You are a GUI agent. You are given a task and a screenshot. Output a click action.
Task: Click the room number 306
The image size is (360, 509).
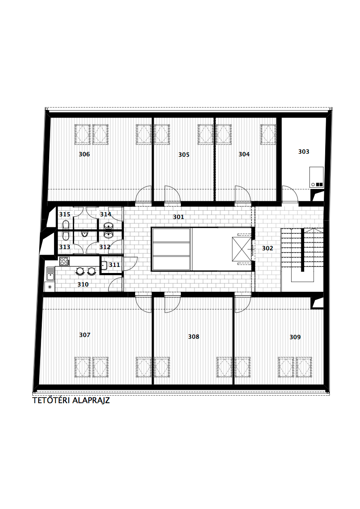pyautogui.click(x=84, y=154)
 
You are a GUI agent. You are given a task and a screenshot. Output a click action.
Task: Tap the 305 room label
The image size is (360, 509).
pyautogui.click(x=184, y=155)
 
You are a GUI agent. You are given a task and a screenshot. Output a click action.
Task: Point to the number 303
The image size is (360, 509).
pyautogui.click(x=304, y=152)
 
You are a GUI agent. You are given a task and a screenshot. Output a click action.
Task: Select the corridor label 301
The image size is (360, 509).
pyautogui.click(x=178, y=217)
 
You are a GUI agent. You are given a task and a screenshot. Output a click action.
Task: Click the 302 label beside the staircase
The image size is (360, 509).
pyautogui.click(x=268, y=248)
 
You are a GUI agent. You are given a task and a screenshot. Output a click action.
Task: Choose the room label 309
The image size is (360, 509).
pyautogui.click(x=295, y=337)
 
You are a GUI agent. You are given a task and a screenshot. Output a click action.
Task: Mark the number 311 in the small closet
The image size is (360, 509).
pyautogui.click(x=114, y=265)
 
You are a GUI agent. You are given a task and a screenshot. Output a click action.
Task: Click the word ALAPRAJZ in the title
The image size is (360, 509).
pyautogui.click(x=91, y=400)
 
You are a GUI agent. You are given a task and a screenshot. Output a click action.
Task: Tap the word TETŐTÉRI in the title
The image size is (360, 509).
pyautogui.click(x=51, y=400)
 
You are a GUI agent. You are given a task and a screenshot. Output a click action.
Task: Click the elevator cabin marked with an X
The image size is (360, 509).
pyautogui.click(x=241, y=249)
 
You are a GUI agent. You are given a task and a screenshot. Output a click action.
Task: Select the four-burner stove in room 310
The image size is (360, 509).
pyautogui.click(x=65, y=261)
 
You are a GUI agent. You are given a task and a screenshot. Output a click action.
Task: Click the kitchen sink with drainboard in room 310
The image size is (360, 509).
pyautogui.click(x=50, y=273)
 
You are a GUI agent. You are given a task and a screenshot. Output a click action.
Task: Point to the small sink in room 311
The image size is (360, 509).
pyautogui.click(x=104, y=265)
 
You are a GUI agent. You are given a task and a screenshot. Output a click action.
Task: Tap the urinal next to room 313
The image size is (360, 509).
pyautogui.click(x=85, y=234)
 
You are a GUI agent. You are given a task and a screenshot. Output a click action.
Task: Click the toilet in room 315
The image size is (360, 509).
pyautogui.click(x=66, y=225)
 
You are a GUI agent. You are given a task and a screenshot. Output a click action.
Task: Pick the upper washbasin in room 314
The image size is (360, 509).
pyautogui.click(x=108, y=226)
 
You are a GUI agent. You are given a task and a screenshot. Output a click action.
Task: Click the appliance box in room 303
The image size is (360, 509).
pyautogui.click(x=316, y=177)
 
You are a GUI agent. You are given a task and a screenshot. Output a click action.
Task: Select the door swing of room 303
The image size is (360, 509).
pyautogui.click(x=289, y=194)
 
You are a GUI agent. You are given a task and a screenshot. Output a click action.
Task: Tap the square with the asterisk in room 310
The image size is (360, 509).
pyautogui.click(x=50, y=287)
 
